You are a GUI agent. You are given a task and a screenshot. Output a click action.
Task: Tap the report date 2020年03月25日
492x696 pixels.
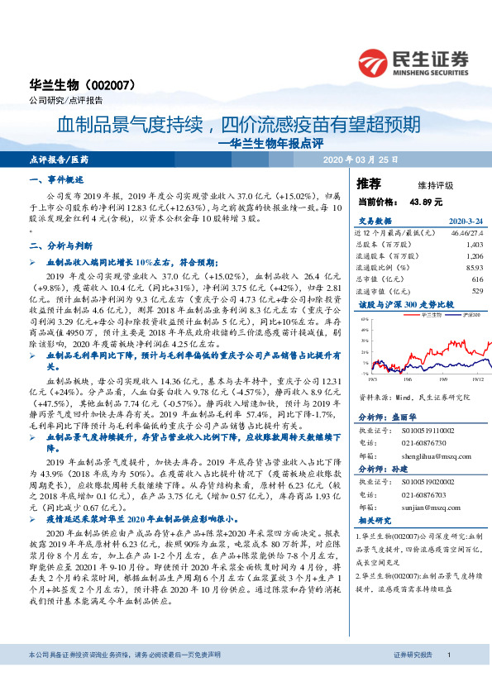360,158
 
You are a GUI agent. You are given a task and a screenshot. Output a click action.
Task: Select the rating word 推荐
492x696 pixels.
369,184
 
